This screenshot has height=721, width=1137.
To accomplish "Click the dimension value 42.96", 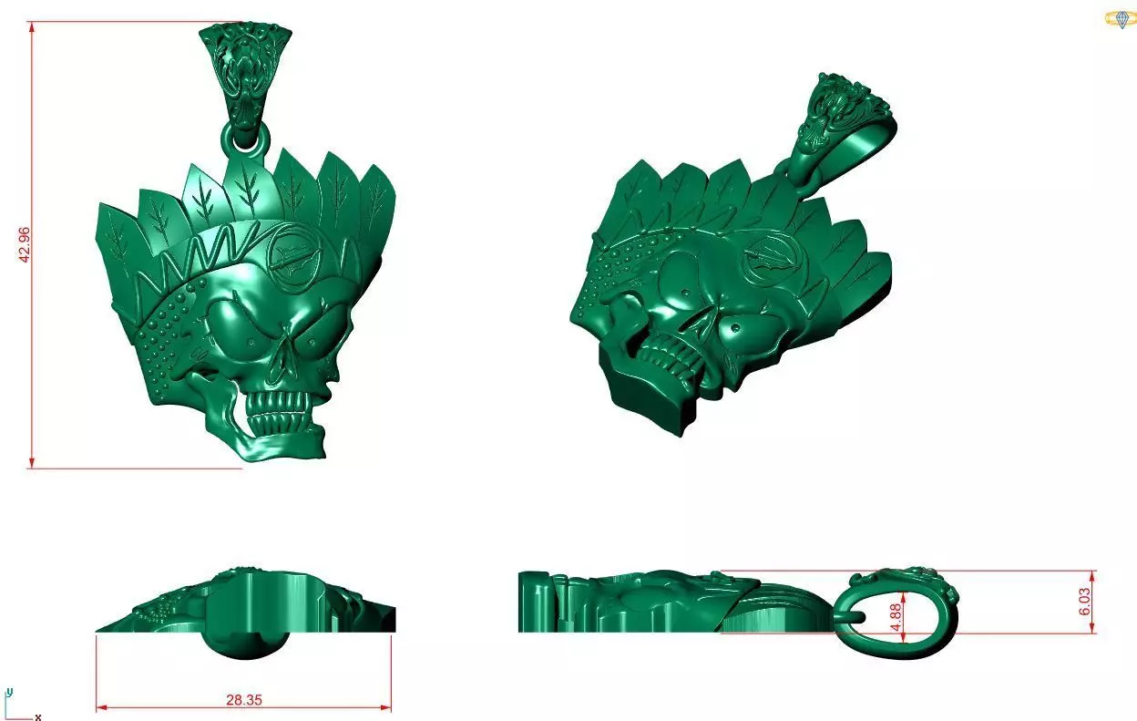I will tap(26, 243).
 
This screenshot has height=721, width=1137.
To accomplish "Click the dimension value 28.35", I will tap(244, 700).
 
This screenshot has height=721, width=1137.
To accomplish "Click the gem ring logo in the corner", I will tap(1118, 19).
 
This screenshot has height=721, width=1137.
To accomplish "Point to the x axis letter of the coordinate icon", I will tap(37, 717).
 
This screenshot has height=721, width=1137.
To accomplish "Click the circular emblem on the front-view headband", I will tap(297, 258).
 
